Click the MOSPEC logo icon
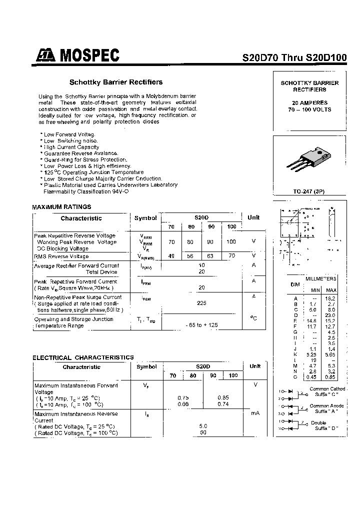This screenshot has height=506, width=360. tap(46, 56)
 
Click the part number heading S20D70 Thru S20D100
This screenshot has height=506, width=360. tap(294, 57)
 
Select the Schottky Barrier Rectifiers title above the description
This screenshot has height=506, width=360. tap(115, 82)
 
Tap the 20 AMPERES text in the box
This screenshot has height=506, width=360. tap(309, 102)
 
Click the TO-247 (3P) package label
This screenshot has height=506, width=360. tap(309, 191)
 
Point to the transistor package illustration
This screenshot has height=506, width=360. tap(309, 159)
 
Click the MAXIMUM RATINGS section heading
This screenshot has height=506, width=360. tap(61, 206)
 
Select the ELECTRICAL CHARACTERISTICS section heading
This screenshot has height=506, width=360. tap(83, 357)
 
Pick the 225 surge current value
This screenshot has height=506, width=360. tap(201, 303)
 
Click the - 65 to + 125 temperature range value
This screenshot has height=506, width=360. tap(201, 325)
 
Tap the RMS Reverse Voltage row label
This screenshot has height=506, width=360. tap(61, 256)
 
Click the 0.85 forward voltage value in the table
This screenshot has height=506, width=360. tap(223, 397)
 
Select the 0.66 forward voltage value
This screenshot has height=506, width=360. tap(183, 404)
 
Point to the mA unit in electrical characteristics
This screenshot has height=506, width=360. tap(255, 413)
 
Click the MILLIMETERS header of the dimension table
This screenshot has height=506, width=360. tap(320, 278)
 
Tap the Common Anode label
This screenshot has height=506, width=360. tap(326, 406)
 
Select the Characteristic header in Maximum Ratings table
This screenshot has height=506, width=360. tap(81, 218)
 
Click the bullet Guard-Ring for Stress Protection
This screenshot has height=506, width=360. tap(78, 159)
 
